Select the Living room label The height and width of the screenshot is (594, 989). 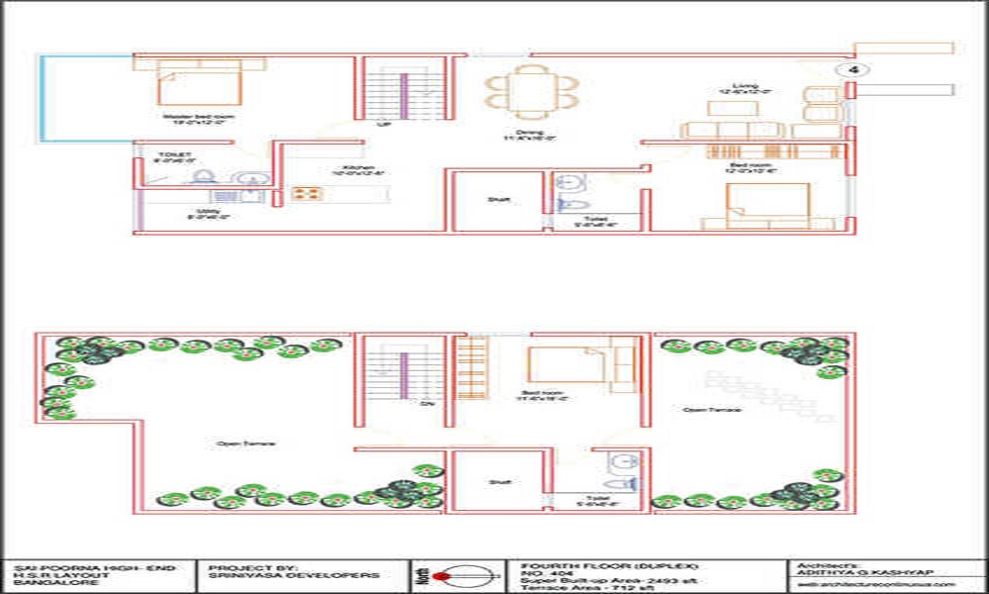746,87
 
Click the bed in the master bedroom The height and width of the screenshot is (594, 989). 199,82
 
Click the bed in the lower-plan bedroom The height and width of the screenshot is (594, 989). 567,364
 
